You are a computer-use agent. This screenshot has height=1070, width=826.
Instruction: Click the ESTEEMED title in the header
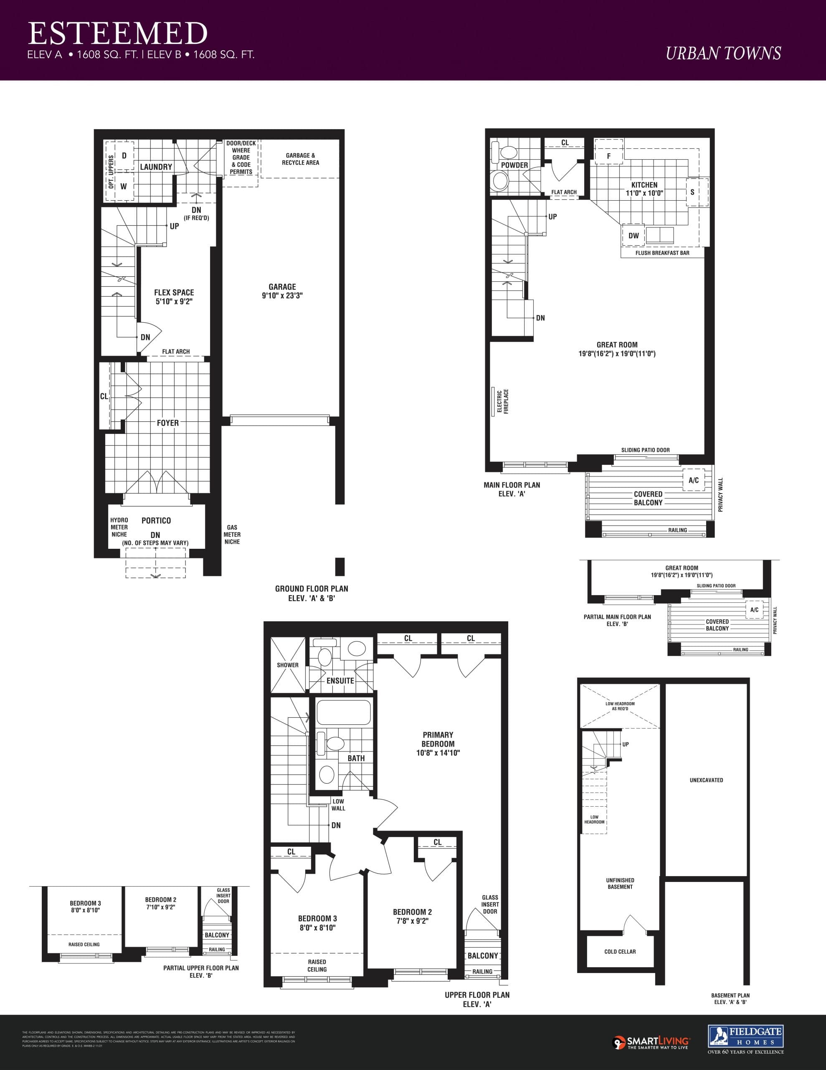point(117,33)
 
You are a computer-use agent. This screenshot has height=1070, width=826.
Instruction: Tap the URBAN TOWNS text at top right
point(723,53)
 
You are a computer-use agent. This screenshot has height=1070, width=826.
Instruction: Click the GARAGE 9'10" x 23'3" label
point(282,291)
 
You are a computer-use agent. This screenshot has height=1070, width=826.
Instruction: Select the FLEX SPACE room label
point(174,297)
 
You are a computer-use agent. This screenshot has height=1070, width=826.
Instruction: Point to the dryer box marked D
point(124,156)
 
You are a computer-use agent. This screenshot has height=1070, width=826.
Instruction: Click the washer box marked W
point(123,186)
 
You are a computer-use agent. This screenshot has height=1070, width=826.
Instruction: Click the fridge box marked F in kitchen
point(608,156)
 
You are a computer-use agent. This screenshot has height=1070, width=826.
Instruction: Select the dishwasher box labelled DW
point(633,236)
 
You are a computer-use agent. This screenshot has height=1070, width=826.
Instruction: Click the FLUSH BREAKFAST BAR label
point(662,253)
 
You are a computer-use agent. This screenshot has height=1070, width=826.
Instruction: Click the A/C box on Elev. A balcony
point(693,480)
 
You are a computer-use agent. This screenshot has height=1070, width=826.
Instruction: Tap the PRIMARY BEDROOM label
point(438,744)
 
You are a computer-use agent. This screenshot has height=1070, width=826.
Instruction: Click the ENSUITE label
point(340,680)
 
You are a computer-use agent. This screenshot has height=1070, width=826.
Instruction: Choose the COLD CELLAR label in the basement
point(620,951)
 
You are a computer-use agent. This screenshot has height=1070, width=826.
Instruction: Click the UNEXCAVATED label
point(706,780)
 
